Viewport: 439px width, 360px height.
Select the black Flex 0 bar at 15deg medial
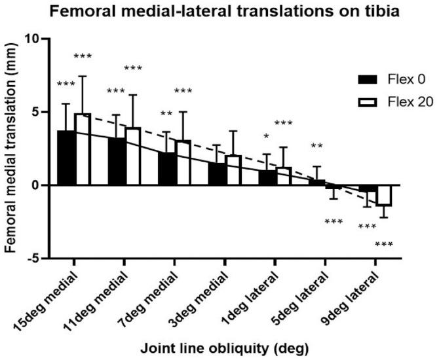tap(66, 158)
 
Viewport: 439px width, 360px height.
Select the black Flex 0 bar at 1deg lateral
tap(266, 177)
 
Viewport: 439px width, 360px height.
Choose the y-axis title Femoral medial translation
tap(11, 149)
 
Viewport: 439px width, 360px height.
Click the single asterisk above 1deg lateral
tap(266, 136)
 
